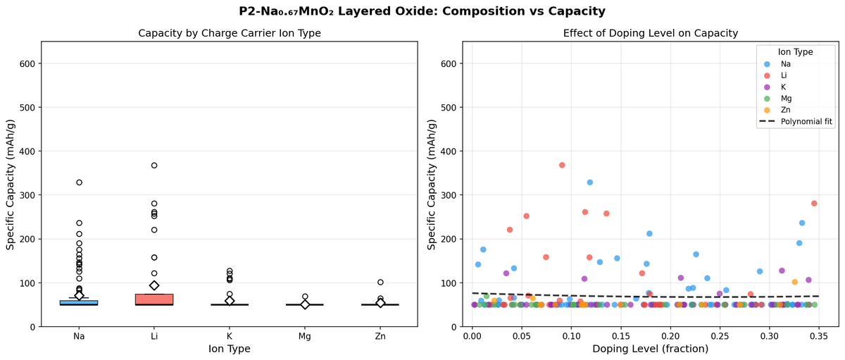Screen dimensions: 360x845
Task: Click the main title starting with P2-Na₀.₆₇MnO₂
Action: click(423, 11)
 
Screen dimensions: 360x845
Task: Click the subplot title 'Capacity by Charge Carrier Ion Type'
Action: click(230, 33)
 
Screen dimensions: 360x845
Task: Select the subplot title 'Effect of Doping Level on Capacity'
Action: click(650, 33)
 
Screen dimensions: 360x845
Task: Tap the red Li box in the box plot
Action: click(154, 299)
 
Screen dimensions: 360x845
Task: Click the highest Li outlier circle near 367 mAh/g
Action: click(154, 166)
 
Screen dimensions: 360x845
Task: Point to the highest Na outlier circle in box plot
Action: click(79, 182)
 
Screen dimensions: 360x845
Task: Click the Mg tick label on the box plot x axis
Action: click(305, 337)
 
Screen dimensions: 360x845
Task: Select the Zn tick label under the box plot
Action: click(380, 337)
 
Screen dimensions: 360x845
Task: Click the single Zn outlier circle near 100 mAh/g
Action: click(380, 283)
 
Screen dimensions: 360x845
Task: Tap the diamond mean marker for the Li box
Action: click(154, 285)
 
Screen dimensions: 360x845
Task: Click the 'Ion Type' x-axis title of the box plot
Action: click(230, 349)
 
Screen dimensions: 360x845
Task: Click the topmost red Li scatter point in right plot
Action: click(562, 166)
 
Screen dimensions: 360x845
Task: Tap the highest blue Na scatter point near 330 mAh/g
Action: click(589, 182)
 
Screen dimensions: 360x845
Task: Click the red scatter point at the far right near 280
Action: click(814, 204)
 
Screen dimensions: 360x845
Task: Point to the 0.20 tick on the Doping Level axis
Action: click(670, 337)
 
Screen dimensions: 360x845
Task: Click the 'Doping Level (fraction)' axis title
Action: click(650, 349)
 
